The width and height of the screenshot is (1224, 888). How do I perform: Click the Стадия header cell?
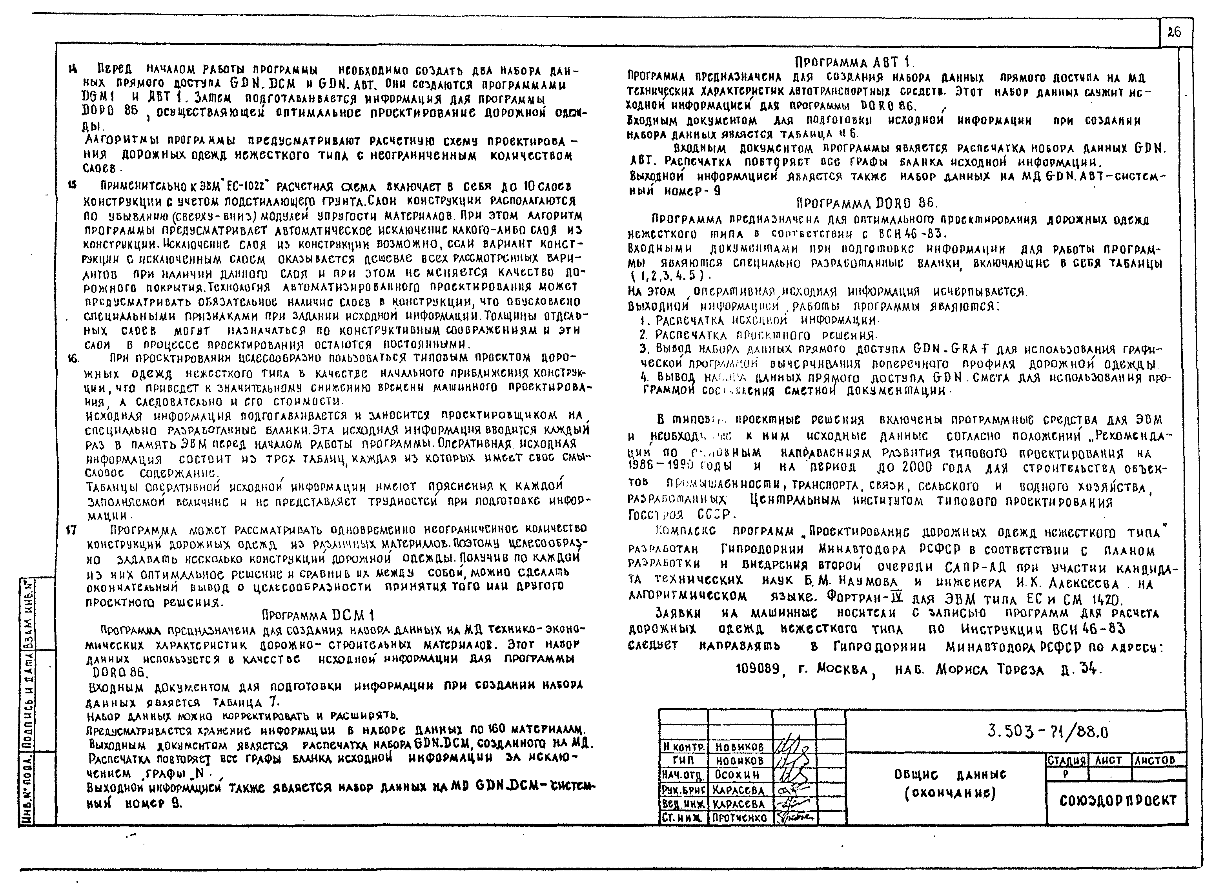[1066, 760]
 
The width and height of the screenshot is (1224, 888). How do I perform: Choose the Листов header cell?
[1155, 760]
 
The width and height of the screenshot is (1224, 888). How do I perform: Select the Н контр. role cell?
[683, 747]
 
